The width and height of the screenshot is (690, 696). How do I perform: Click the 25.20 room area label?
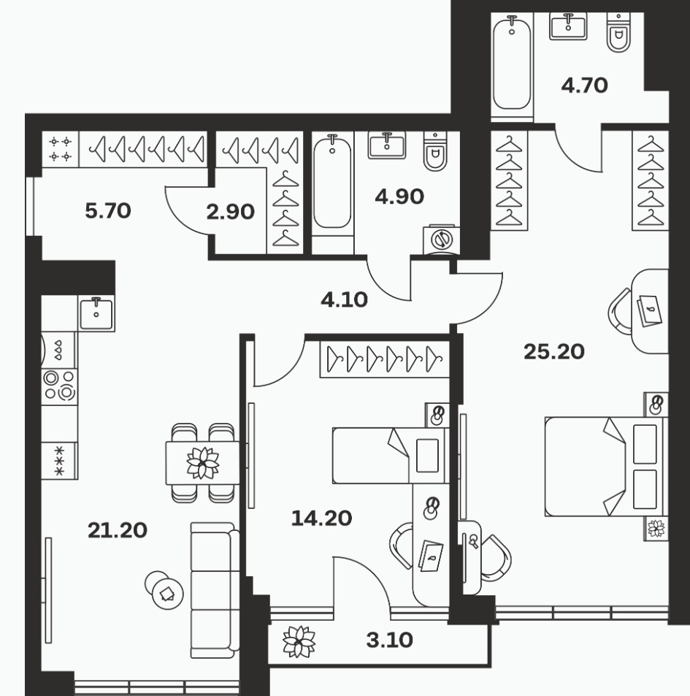pos(553,351)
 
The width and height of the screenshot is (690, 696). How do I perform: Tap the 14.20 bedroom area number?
pos(321,518)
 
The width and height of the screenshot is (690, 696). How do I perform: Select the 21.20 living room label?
pos(118,530)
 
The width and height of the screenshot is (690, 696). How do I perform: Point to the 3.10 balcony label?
pos(390,640)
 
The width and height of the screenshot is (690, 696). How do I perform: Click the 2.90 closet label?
pos(230,212)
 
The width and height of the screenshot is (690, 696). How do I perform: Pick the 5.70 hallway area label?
pos(108,210)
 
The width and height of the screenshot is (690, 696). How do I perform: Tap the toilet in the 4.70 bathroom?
pos(618,32)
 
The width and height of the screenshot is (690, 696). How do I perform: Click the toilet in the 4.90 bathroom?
pos(435,151)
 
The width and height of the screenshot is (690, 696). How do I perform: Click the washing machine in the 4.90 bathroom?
pos(442,240)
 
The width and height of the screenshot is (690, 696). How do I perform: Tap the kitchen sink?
pos(96,313)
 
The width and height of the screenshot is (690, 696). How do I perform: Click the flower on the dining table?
pos(203,463)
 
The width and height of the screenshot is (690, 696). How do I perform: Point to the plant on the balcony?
pos(299,641)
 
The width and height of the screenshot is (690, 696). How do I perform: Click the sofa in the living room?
pos(212,590)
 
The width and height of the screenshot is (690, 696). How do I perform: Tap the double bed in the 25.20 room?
pos(606,467)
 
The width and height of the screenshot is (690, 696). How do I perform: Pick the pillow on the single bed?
pos(427,456)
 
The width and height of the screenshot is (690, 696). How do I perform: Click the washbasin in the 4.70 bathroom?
pos(568,26)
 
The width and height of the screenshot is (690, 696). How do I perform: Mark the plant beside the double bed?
pos(656,528)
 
